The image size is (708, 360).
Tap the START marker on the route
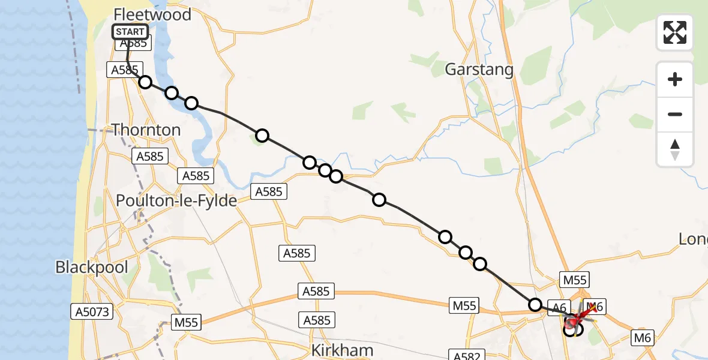coord(130,32)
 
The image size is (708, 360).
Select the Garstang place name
coord(479,70)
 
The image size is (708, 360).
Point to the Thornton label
coord(146,130)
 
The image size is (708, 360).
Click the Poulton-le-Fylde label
coord(176,201)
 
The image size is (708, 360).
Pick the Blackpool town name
coord(92,267)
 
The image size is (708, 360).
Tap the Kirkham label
coord(343,350)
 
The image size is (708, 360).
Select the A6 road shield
coord(559,308)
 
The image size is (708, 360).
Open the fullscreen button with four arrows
coord(675,32)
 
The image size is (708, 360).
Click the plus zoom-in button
coord(675,79)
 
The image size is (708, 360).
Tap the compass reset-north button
coord(675,149)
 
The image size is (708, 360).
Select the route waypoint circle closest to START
coord(145,82)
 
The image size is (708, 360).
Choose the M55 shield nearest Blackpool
coord(186,322)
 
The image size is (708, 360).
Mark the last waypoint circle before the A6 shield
coord(535,305)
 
